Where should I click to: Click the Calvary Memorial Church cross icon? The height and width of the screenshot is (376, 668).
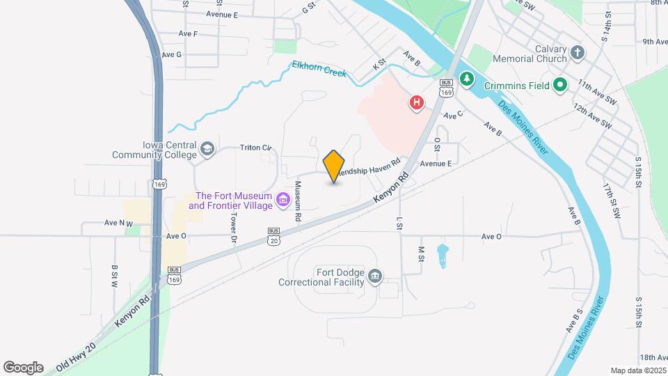click(x=577, y=53)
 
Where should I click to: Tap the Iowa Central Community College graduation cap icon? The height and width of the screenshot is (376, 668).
click(x=207, y=148)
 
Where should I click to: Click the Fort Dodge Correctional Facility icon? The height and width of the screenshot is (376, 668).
click(x=375, y=277)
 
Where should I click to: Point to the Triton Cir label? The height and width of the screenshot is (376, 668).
click(x=255, y=148)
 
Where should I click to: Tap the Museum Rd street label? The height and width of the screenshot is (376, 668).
click(x=298, y=202)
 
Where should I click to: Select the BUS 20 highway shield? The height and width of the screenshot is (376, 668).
click(x=273, y=236)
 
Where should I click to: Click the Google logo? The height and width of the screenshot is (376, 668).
click(x=23, y=368)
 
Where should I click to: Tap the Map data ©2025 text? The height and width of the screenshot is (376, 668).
click(x=637, y=370)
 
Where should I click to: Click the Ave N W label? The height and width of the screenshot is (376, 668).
click(x=118, y=223)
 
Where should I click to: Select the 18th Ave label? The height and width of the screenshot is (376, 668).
click(x=653, y=357)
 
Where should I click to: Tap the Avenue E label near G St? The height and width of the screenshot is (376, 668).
click(x=222, y=15)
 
